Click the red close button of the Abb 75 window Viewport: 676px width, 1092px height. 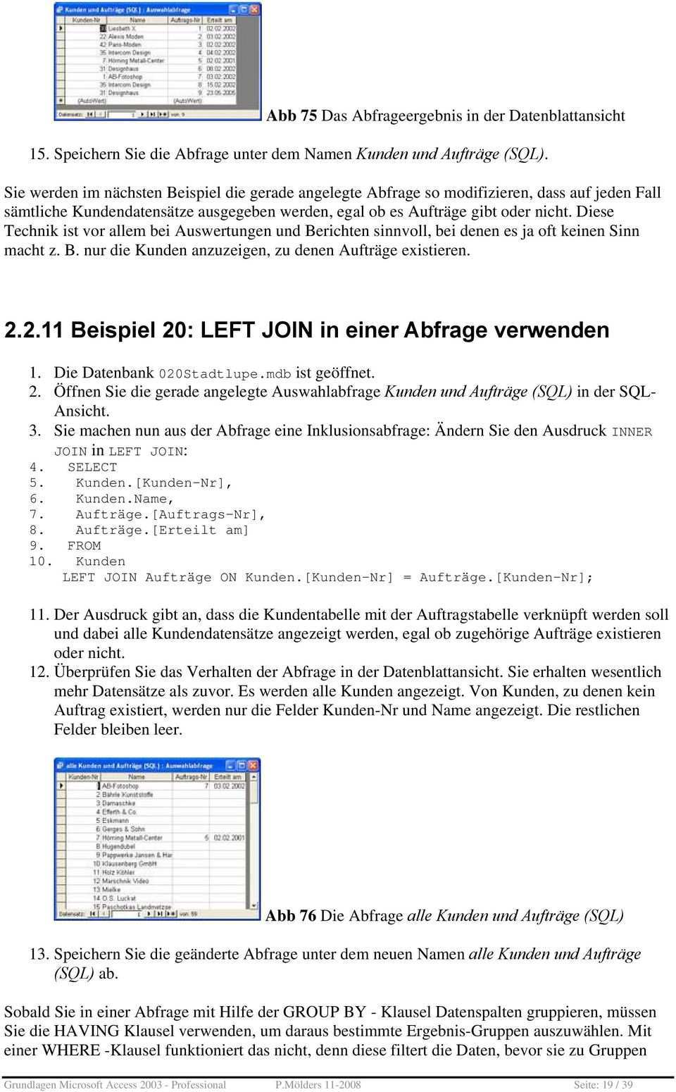click(x=254, y=9)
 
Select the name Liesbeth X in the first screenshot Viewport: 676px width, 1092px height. click(x=118, y=28)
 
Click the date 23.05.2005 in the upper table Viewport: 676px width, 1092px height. click(x=225, y=92)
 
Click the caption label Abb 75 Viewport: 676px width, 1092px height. click(x=292, y=116)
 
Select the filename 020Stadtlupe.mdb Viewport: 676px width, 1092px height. click(x=225, y=373)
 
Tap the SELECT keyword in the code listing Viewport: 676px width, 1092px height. click(x=92, y=467)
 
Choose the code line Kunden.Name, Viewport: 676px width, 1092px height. click(x=125, y=499)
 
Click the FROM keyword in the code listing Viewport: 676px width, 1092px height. click(x=84, y=546)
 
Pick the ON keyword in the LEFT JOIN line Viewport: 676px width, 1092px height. click(x=228, y=578)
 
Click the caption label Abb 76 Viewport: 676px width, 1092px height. click(x=291, y=916)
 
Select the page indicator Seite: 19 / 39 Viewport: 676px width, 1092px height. click(x=603, y=1085)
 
